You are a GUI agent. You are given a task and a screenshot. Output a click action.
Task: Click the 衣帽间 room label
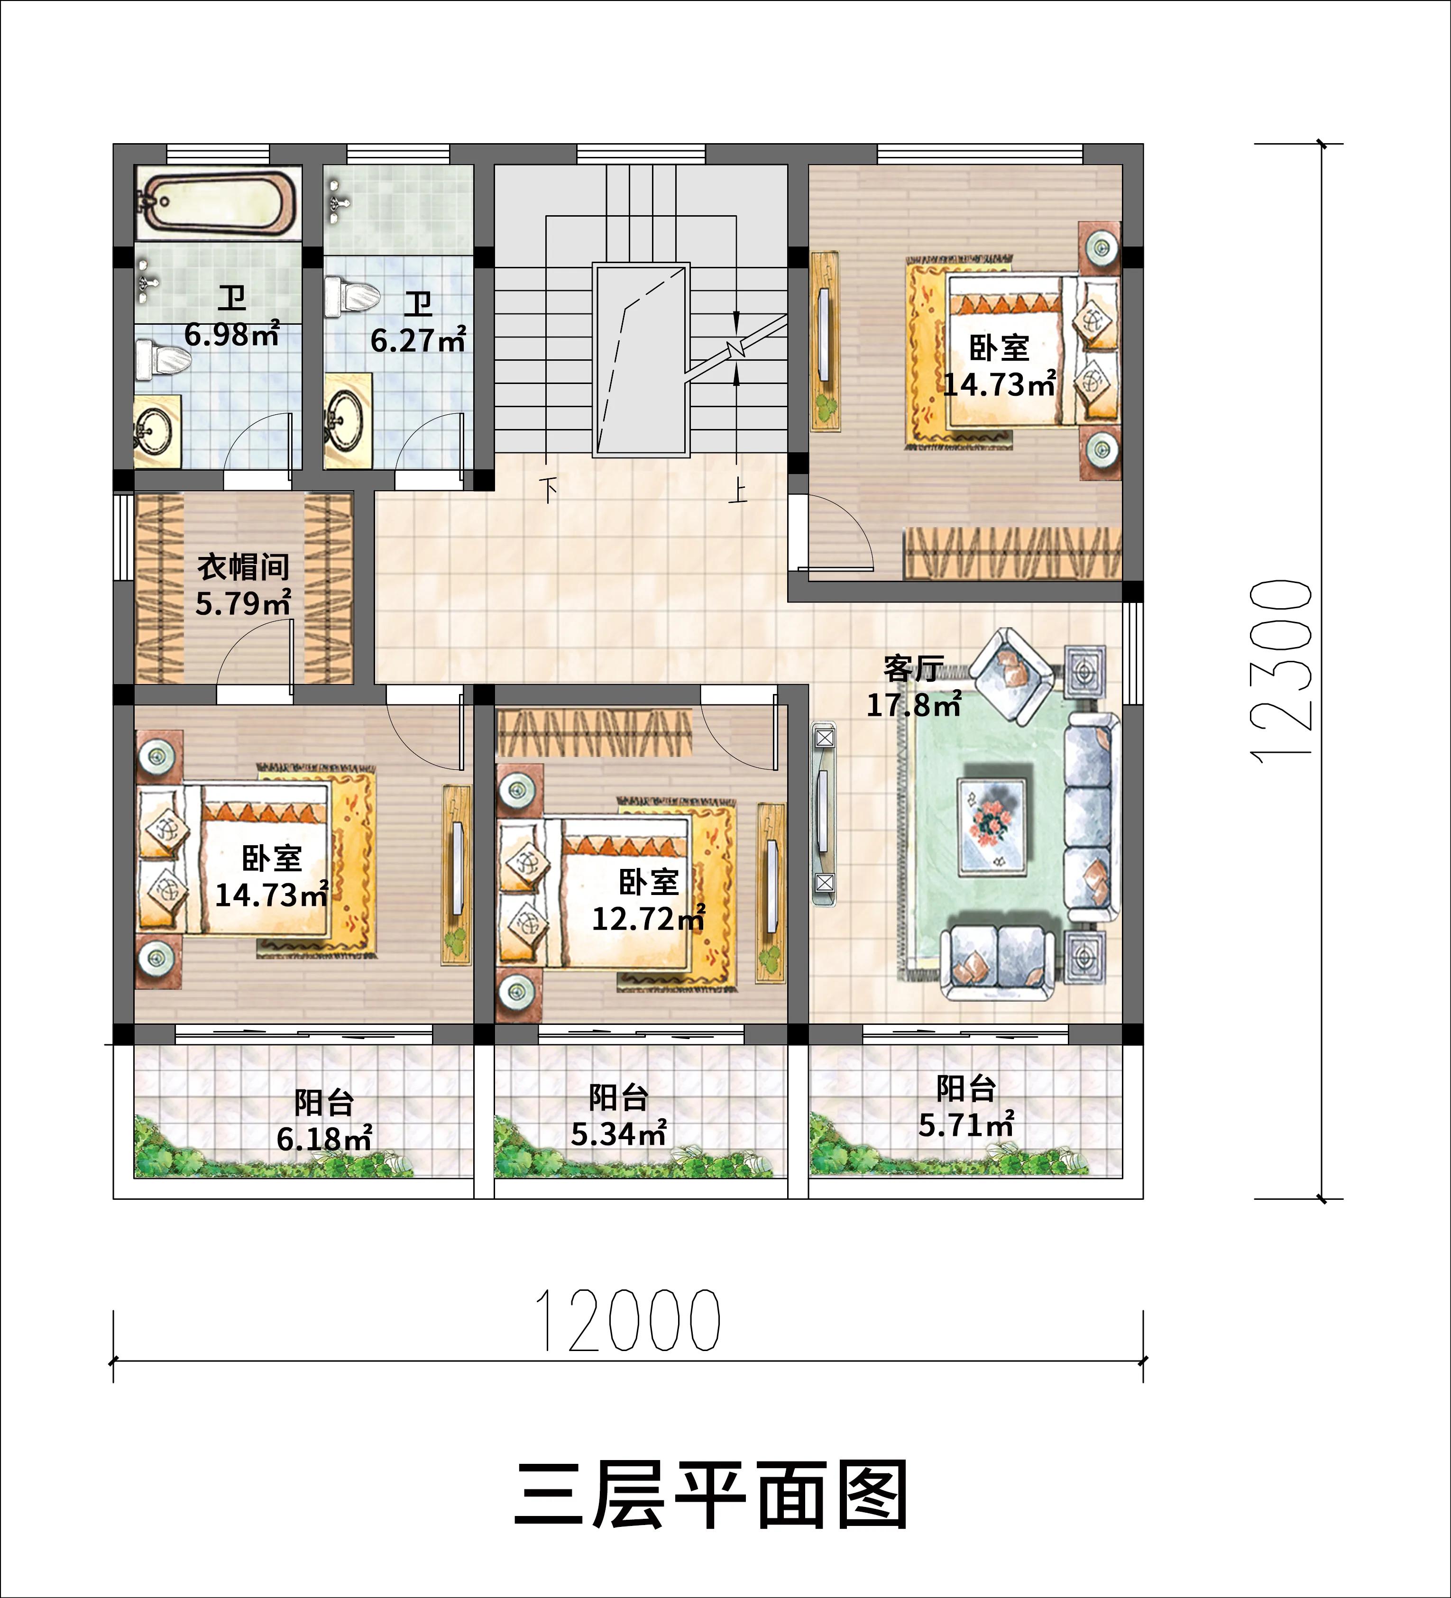click(x=243, y=567)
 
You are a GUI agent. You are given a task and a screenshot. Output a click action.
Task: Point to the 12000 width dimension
click(x=628, y=1321)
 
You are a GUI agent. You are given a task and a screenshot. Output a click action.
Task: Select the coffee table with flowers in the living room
click(x=993, y=827)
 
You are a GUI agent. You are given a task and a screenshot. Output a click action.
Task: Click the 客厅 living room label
click(x=914, y=669)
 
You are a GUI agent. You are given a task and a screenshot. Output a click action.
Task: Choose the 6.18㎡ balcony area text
click(x=324, y=1139)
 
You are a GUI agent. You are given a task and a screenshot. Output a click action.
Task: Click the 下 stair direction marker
click(x=548, y=485)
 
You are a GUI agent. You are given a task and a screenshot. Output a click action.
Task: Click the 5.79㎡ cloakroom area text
click(x=243, y=604)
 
